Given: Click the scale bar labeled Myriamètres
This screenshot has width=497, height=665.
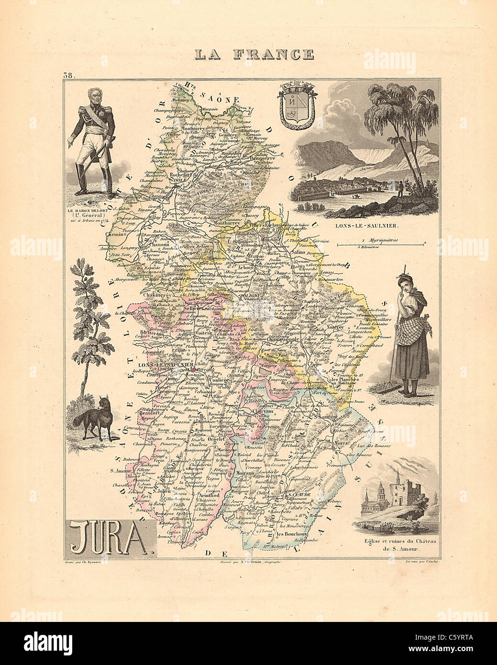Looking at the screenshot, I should pos(380,244).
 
